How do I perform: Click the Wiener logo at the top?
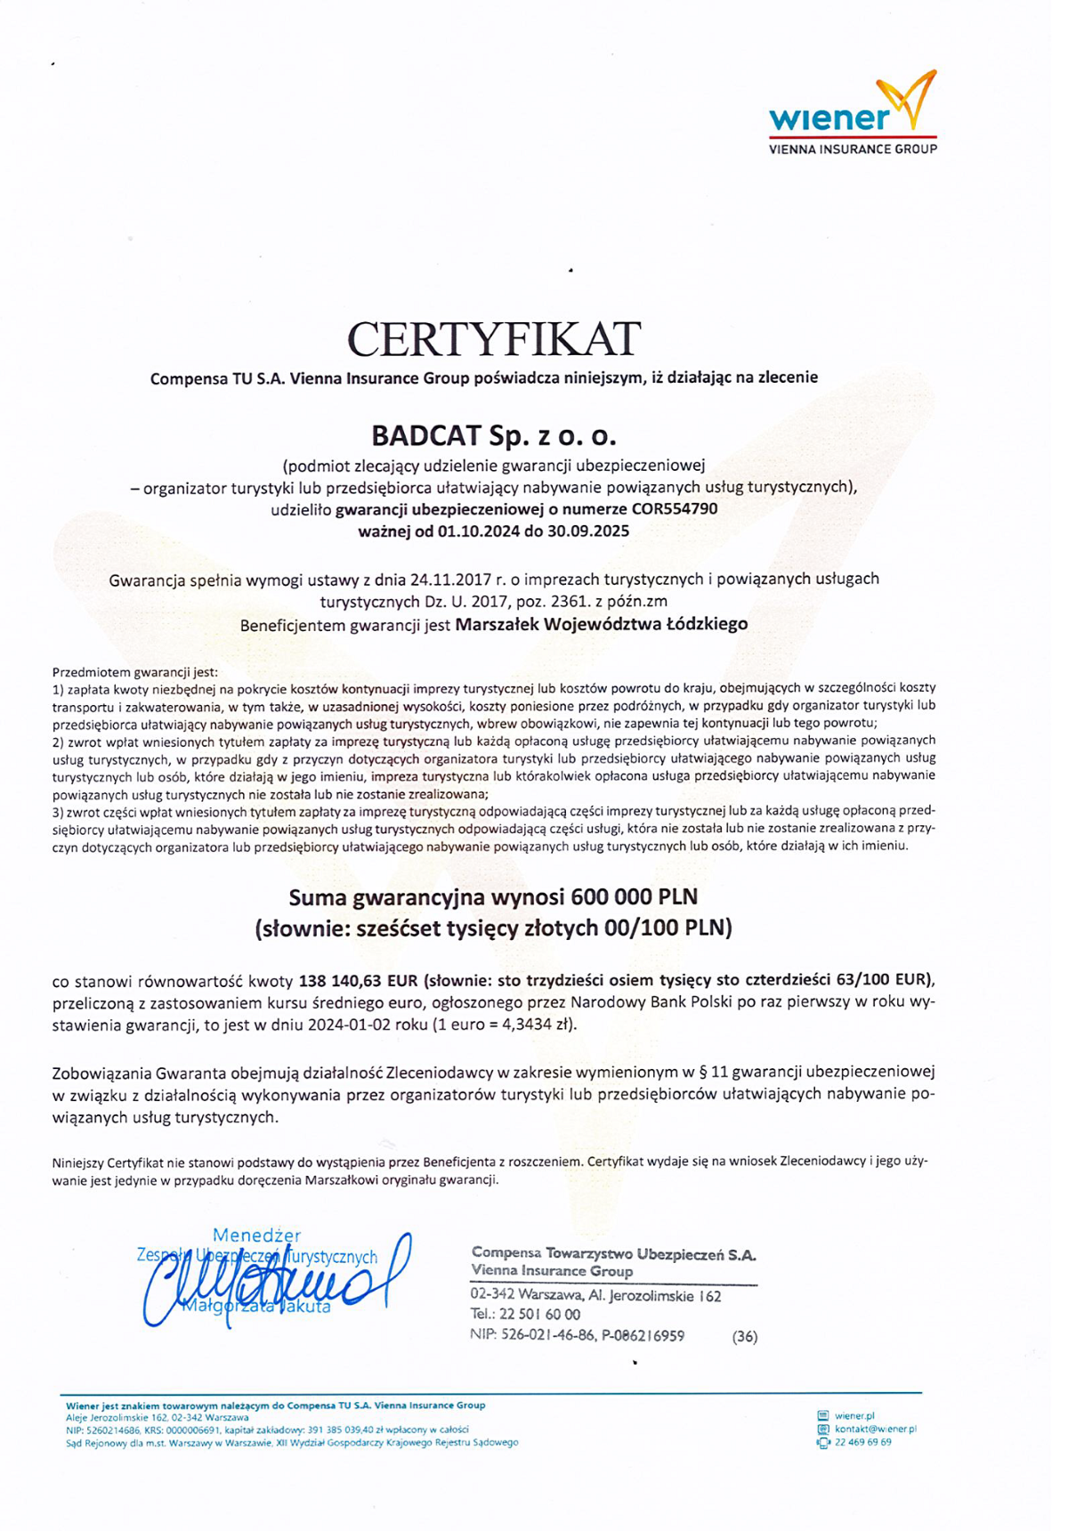click(852, 114)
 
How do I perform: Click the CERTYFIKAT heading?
click(494, 339)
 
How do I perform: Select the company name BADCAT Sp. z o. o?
click(494, 436)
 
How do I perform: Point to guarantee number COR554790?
click(674, 509)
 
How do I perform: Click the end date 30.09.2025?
click(588, 531)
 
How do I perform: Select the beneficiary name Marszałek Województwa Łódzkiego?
click(601, 624)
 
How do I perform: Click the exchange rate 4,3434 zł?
click(535, 1025)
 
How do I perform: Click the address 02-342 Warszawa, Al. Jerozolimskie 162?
click(595, 1296)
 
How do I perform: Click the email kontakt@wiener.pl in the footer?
click(875, 1429)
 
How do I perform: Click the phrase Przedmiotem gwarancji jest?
click(134, 672)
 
